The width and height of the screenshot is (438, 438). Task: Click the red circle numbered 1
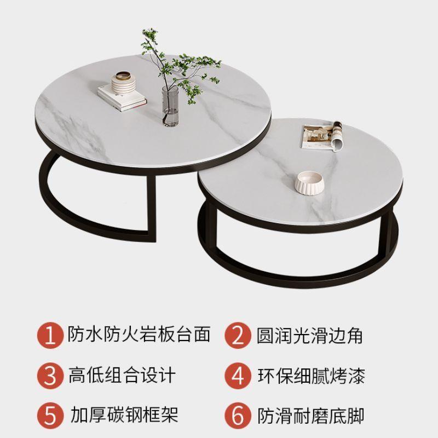[x=50, y=335]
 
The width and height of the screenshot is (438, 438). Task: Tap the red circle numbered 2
[x=238, y=335]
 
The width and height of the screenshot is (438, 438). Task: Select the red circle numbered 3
[x=50, y=376]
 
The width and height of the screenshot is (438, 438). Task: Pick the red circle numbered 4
[x=238, y=376]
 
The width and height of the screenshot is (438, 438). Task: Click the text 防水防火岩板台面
[x=139, y=335]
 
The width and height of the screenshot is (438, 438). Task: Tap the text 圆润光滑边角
[x=310, y=335]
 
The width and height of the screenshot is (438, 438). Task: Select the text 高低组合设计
[x=123, y=376]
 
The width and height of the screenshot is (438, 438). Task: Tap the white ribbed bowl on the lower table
[x=308, y=182]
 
